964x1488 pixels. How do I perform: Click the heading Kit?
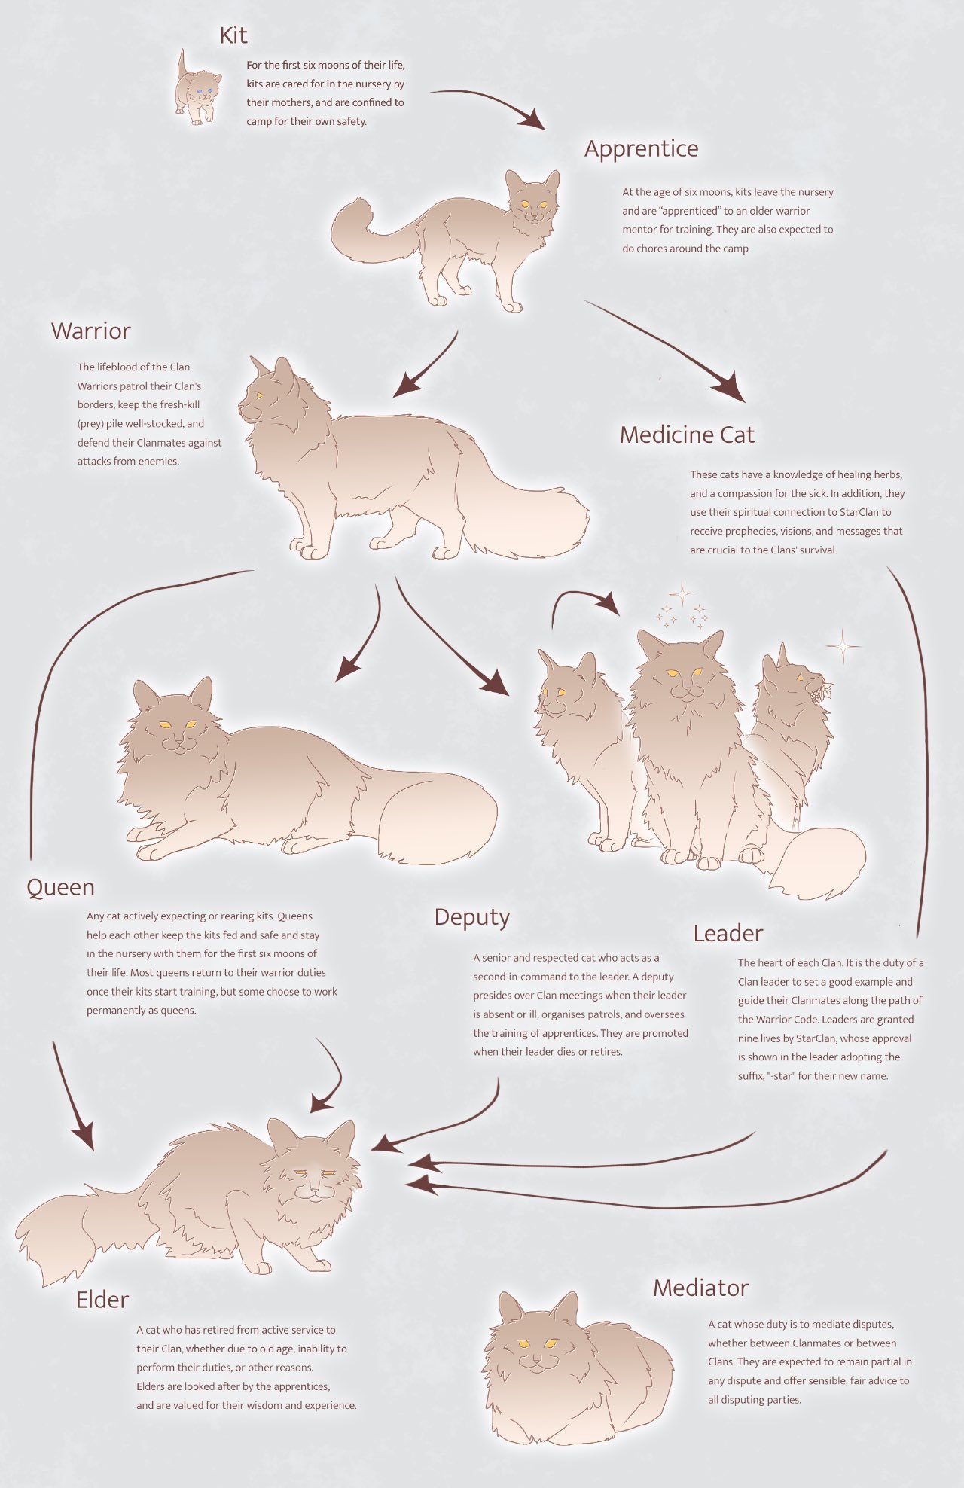233,35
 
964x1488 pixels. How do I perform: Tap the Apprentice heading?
641,149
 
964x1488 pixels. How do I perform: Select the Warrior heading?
90,331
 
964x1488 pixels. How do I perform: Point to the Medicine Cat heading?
687,435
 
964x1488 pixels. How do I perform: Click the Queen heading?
60,887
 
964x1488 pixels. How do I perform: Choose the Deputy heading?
472,917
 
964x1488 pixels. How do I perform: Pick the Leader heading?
728,934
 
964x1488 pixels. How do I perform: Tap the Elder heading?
102,1300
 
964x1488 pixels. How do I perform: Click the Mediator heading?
700,1288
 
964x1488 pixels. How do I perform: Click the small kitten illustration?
197,89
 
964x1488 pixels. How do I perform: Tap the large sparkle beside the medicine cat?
843,645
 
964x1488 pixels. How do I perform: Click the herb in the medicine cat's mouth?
820,689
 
